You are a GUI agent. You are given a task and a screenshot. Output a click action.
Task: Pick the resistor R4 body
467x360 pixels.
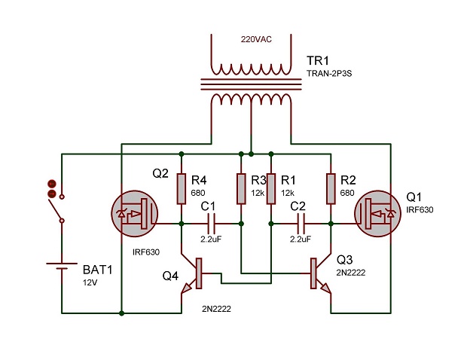pyautogui.click(x=181, y=188)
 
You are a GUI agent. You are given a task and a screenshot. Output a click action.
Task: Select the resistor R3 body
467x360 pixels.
pyautogui.click(x=240, y=188)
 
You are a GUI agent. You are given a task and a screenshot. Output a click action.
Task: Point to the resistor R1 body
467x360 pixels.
pyautogui.click(x=270, y=188)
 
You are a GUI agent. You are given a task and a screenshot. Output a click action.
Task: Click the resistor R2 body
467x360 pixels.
pyautogui.click(x=330, y=188)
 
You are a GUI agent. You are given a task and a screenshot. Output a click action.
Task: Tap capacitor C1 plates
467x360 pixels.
pyautogui.click(x=210, y=224)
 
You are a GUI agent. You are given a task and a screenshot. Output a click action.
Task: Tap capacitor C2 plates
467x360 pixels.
pyautogui.click(x=301, y=224)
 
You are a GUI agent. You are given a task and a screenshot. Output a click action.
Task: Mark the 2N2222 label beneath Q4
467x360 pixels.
pyautogui.click(x=216, y=310)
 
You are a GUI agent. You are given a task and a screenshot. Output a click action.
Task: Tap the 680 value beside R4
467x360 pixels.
pyautogui.click(x=198, y=193)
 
